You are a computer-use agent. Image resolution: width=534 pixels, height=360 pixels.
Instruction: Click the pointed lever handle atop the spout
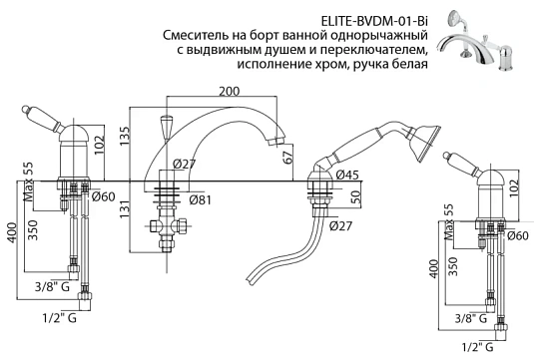point(168,124)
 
